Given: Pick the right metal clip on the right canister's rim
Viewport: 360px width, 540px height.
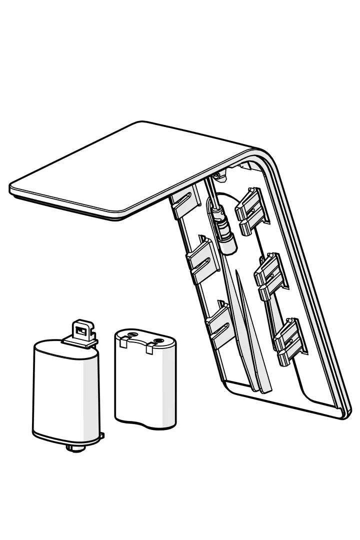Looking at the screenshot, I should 149,349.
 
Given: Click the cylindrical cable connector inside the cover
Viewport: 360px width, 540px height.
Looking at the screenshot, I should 223,233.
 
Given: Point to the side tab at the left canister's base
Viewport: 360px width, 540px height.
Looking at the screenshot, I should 102,436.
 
